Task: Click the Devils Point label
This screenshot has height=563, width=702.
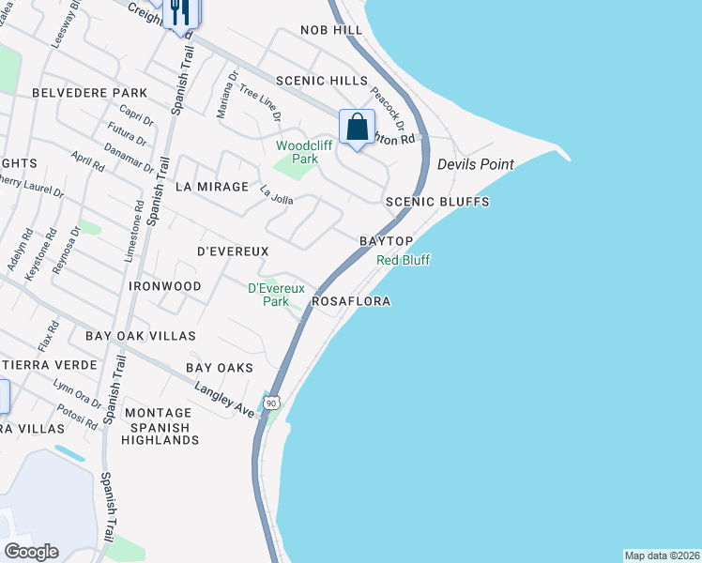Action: (x=476, y=165)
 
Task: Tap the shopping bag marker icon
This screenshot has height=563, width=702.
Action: (x=358, y=126)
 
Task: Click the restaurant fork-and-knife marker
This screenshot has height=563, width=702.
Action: (x=179, y=12)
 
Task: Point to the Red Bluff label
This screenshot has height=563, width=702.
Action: (x=403, y=260)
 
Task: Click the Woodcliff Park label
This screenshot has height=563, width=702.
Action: (x=298, y=152)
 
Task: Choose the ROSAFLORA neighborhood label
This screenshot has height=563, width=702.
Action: (x=351, y=302)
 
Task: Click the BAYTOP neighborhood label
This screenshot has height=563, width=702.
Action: (x=387, y=241)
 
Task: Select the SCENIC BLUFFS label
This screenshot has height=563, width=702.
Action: (x=438, y=202)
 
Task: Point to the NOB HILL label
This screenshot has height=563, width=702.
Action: (x=330, y=31)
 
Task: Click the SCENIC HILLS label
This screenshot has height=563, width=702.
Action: (x=313, y=82)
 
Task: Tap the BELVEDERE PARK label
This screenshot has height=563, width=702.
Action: (x=89, y=93)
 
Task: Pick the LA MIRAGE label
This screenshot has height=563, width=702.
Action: (x=212, y=187)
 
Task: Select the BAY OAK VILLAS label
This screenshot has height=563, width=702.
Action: (x=141, y=335)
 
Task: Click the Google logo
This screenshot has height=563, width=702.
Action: (x=31, y=552)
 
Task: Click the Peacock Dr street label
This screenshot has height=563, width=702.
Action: (x=387, y=109)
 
